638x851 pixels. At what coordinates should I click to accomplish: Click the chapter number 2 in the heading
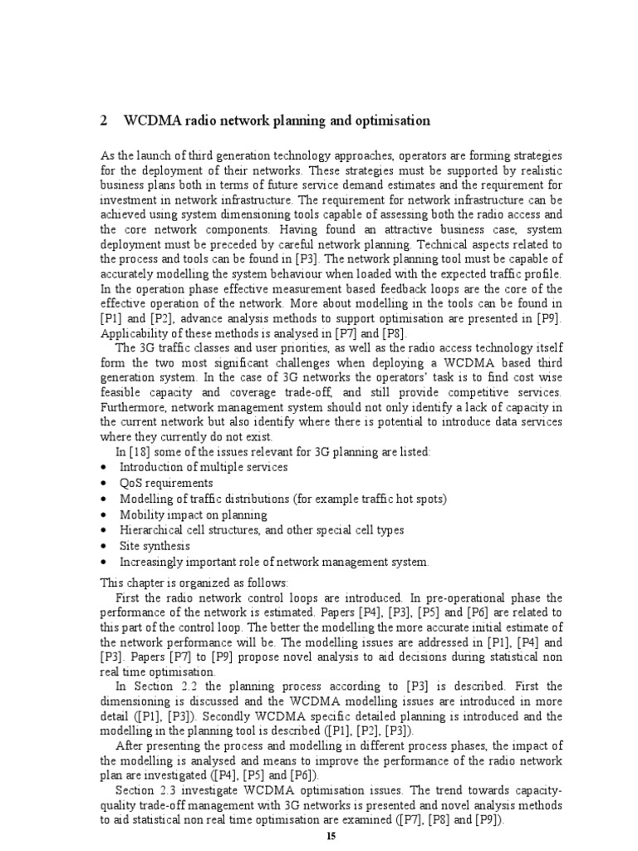pyautogui.click(x=104, y=121)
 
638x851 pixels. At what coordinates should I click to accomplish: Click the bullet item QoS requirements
pyautogui.click(x=166, y=483)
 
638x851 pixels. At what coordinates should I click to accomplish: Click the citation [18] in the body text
pyautogui.click(x=137, y=451)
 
